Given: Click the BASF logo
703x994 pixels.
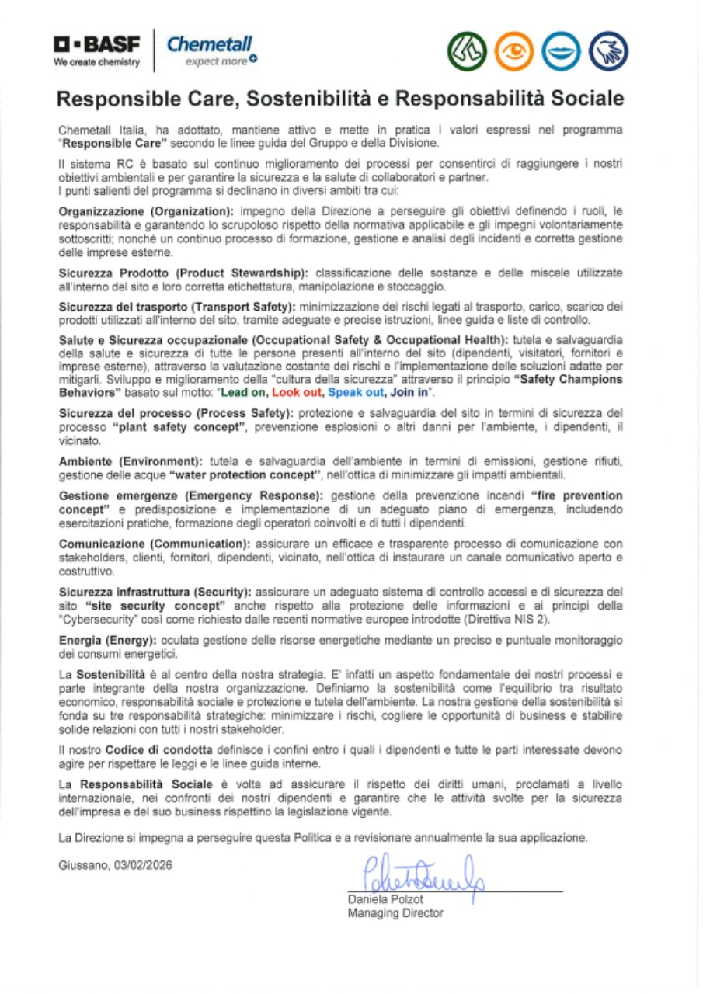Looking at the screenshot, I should pyautogui.click(x=96, y=50).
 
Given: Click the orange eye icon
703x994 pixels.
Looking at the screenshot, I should pyautogui.click(x=513, y=51).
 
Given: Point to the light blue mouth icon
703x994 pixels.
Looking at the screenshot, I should pyautogui.click(x=562, y=51).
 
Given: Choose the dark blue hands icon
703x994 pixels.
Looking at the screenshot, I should pyautogui.click(x=609, y=51).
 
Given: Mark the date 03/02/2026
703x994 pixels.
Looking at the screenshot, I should pyautogui.click(x=142, y=865).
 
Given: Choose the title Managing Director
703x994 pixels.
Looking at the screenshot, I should pyautogui.click(x=395, y=913).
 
